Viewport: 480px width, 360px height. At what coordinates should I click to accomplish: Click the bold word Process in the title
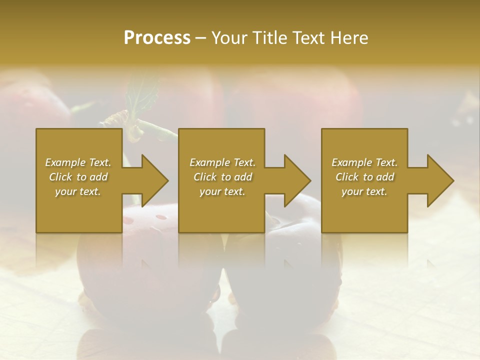point(157,38)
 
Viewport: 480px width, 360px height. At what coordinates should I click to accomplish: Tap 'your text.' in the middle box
point(222,191)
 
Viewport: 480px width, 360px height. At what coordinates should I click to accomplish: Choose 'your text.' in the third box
point(364,191)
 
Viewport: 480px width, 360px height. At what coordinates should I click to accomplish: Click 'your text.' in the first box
point(77,191)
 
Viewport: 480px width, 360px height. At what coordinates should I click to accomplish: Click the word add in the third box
point(385,177)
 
